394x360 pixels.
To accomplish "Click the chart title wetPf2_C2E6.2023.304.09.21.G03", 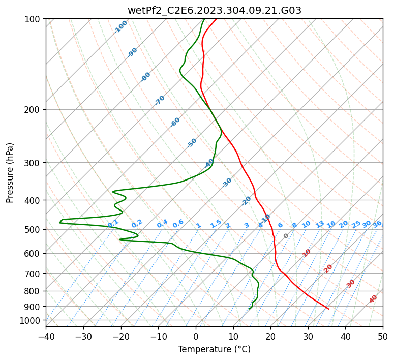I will pyautogui.click(x=214, y=10).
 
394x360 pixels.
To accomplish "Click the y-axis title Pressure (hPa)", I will pyautogui.click(x=10, y=172).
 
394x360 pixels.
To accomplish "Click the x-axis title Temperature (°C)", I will pyautogui.click(x=214, y=349).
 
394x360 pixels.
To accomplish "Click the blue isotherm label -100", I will pyautogui.click(x=121, y=27).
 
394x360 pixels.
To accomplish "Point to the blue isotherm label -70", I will pyautogui.click(x=160, y=100).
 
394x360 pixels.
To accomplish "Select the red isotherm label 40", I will pyautogui.click(x=373, y=299).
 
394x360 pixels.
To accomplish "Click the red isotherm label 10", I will pyautogui.click(x=307, y=253).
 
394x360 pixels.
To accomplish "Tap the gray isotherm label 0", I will pyautogui.click(x=286, y=236).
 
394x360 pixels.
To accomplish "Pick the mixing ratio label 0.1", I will pyautogui.click(x=113, y=223).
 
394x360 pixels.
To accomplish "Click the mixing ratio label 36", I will pyautogui.click(x=377, y=224).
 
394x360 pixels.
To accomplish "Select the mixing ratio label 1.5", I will pyautogui.click(x=216, y=223).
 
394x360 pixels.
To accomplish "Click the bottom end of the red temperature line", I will pyautogui.click(x=328, y=309).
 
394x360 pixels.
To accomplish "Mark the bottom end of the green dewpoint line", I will pyautogui.click(x=249, y=309).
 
